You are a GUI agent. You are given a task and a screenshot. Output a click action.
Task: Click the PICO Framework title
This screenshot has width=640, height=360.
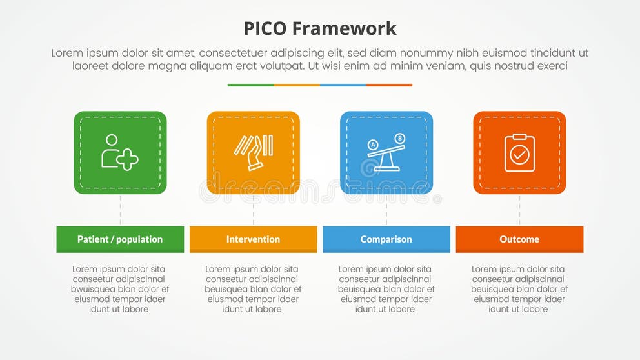(320, 28)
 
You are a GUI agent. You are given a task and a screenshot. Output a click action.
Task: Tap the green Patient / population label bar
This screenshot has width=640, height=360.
(120, 239)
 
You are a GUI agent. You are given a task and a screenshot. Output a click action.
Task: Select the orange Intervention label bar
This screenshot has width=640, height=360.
(253, 239)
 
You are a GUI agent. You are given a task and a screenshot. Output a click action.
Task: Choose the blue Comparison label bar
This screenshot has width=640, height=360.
(386, 239)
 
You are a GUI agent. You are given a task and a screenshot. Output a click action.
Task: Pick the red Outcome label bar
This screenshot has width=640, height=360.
(519, 239)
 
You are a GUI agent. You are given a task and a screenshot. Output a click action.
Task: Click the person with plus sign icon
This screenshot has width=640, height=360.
(119, 153)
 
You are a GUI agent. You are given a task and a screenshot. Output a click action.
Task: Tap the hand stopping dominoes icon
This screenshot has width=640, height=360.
(253, 153)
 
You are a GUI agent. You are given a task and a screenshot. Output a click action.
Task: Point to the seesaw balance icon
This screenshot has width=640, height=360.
(386, 153)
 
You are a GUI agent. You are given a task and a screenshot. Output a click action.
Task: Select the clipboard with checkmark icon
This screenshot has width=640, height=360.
(519, 153)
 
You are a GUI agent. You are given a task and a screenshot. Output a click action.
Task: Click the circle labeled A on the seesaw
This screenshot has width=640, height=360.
(372, 145)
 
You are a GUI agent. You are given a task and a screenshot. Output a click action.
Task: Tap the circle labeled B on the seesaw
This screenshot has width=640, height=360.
(399, 138)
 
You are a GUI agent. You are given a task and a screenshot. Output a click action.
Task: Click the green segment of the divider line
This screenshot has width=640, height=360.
(250, 85)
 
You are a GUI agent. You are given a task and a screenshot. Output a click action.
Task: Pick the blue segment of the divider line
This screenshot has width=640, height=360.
(343, 85)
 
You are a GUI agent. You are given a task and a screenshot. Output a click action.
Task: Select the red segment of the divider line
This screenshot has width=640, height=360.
(389, 85)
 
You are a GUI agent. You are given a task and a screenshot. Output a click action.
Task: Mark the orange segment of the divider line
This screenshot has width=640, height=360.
(297, 85)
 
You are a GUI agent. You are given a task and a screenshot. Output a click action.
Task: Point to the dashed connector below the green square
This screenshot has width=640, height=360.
(120, 210)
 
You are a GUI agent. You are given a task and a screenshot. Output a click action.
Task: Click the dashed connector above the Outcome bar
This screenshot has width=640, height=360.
(519, 210)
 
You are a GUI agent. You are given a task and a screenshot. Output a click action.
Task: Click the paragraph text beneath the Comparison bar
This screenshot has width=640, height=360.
(386, 289)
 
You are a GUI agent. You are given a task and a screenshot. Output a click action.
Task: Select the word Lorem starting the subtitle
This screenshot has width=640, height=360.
(66, 54)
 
